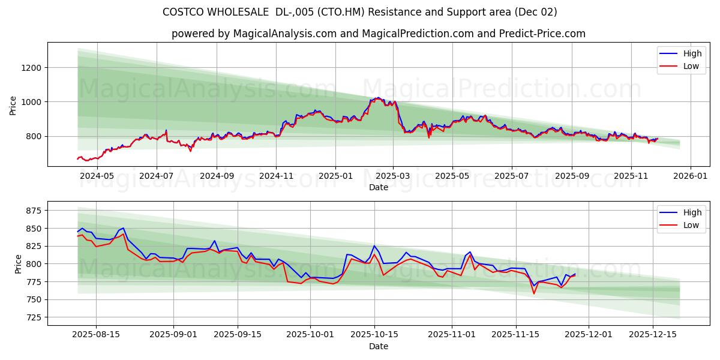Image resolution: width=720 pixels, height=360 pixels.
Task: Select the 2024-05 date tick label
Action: (97, 176)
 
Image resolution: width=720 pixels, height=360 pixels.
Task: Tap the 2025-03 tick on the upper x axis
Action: (393, 176)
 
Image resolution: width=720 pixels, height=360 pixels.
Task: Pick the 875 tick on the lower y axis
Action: (34, 211)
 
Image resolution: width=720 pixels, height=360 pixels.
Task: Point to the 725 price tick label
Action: (34, 317)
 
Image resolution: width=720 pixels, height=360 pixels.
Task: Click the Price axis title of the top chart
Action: (13, 106)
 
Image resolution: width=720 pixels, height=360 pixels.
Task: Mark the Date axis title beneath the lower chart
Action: (378, 347)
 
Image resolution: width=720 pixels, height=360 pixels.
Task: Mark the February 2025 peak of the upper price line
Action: (377, 97)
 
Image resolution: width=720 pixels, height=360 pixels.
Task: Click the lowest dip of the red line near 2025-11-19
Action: (533, 293)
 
